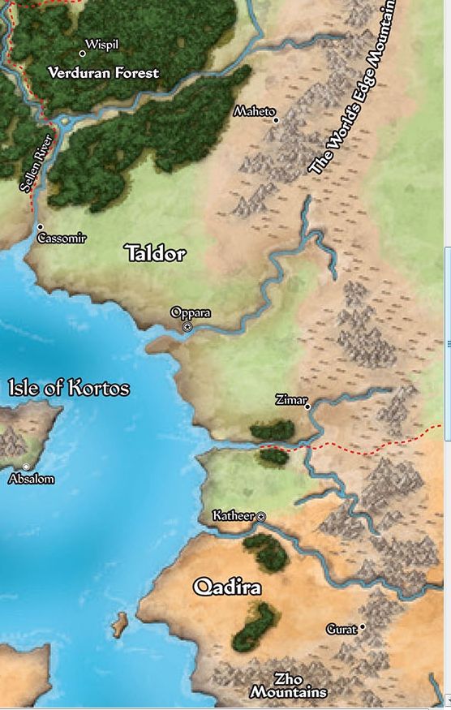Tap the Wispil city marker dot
83,54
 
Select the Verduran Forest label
103,73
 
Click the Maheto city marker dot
276,120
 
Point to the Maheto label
254,111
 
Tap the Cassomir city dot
40,227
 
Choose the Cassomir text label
62,239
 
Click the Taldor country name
155,254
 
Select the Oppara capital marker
187,326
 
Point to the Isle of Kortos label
69,388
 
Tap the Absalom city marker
27,467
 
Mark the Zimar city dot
307,407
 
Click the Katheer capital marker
261,516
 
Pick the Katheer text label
233,515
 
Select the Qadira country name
227,587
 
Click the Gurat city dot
363,626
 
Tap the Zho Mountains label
288,685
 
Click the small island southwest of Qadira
119,623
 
